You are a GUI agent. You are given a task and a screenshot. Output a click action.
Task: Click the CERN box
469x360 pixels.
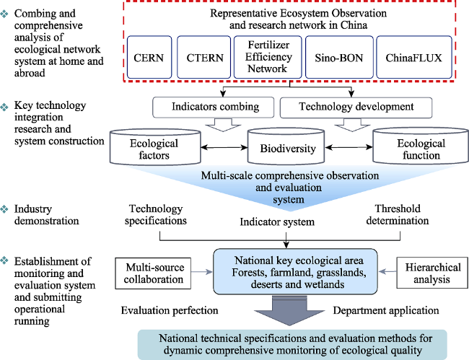click(x=149, y=57)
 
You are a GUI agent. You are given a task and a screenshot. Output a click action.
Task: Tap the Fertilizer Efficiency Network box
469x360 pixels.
click(x=268, y=57)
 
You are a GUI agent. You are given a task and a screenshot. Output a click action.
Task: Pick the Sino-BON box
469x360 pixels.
click(x=339, y=57)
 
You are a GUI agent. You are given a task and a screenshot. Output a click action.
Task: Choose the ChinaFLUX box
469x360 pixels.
click(x=414, y=57)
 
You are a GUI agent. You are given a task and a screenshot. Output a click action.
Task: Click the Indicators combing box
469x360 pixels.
click(x=214, y=107)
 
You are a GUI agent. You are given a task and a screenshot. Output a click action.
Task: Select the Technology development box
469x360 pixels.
click(x=356, y=107)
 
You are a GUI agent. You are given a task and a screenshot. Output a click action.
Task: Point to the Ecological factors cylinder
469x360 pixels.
click(x=155, y=147)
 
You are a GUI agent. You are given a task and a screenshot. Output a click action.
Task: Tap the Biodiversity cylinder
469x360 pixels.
click(x=286, y=146)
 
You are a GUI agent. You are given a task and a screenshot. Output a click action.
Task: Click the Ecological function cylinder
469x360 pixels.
click(x=421, y=146)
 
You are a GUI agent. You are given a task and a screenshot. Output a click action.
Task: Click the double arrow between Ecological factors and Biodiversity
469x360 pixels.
click(x=224, y=147)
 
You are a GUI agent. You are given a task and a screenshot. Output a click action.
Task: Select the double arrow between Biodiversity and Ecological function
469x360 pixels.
click(x=349, y=146)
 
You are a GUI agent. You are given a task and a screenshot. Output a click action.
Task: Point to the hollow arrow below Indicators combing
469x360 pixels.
click(x=223, y=125)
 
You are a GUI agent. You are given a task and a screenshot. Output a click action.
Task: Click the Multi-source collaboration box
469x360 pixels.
click(x=153, y=273)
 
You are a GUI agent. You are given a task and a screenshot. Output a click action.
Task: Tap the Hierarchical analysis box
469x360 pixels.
click(x=432, y=273)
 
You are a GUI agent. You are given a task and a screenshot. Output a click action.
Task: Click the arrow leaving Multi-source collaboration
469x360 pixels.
click(x=202, y=272)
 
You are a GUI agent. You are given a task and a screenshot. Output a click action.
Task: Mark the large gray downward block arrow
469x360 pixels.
click(x=289, y=311)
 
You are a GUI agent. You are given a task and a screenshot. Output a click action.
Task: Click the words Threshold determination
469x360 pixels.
click(x=398, y=214)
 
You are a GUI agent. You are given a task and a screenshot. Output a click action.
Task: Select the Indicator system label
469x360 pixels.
click(x=277, y=222)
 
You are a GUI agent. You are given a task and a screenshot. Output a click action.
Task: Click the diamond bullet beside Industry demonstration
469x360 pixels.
click(x=4, y=209)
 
